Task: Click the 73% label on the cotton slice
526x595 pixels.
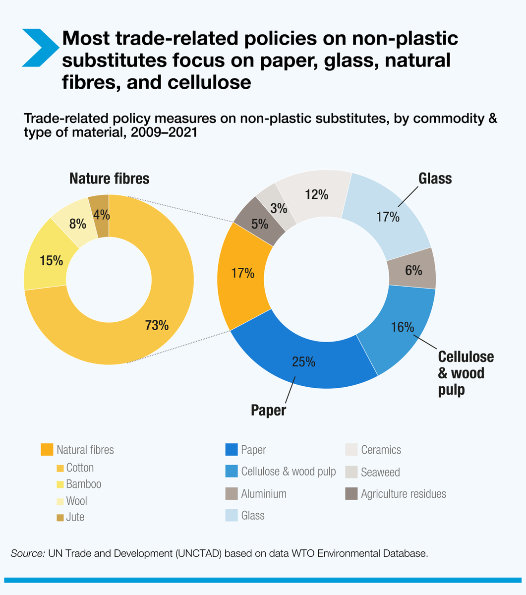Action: click(x=157, y=325)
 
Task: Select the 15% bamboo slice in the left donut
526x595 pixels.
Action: click(x=51, y=260)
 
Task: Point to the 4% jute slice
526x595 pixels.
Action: click(x=101, y=215)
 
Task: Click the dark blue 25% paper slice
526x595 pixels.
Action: click(x=303, y=361)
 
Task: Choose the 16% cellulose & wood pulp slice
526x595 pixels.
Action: click(x=402, y=327)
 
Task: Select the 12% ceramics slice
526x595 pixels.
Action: click(x=316, y=194)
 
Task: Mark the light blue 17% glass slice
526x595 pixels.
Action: click(x=388, y=216)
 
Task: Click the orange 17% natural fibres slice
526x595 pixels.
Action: click(x=243, y=273)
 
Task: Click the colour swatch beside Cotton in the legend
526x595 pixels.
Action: click(x=60, y=468)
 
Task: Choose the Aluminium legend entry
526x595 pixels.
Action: click(x=264, y=494)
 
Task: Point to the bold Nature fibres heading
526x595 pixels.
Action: click(x=109, y=178)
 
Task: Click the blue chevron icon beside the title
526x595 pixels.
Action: click(x=40, y=48)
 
